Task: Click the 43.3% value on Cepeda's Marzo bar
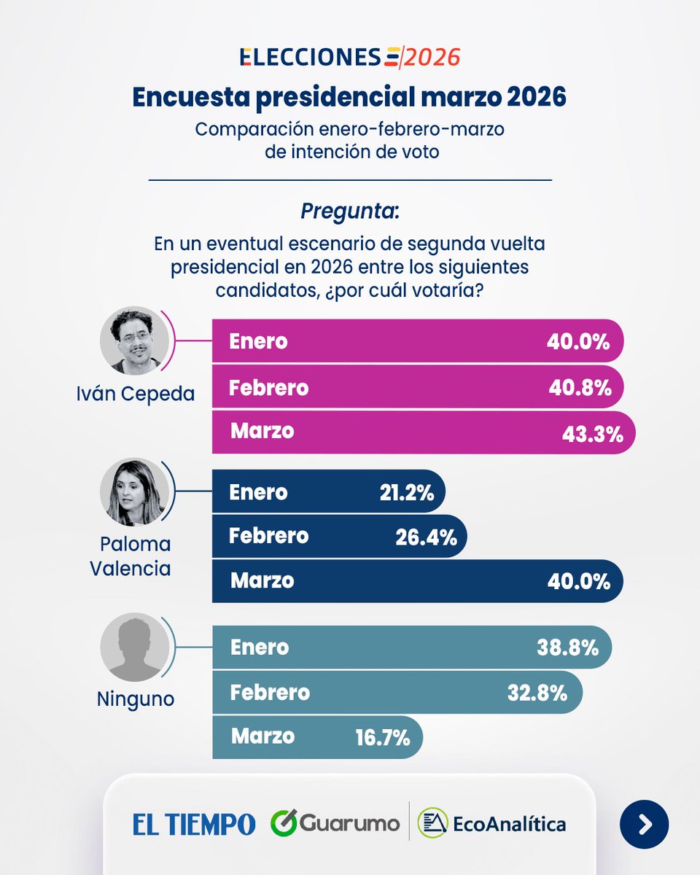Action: pos(592,435)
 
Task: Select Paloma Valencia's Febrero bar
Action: pos(339,537)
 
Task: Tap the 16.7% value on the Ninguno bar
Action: pos(383,738)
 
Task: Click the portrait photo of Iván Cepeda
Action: pos(134,341)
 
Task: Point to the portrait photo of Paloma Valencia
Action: pos(134,492)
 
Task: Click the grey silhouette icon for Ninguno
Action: pos(134,647)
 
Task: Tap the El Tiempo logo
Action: pos(194,824)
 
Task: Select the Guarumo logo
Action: pos(335,824)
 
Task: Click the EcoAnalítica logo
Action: pos(492,824)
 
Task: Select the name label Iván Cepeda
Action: pos(136,394)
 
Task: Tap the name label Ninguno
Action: pos(136,699)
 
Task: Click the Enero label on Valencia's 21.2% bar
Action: pos(259,492)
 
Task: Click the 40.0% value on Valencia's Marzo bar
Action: pos(580,581)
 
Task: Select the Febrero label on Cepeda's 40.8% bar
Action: pos(268,388)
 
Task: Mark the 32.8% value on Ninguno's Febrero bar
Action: pos(537,693)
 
